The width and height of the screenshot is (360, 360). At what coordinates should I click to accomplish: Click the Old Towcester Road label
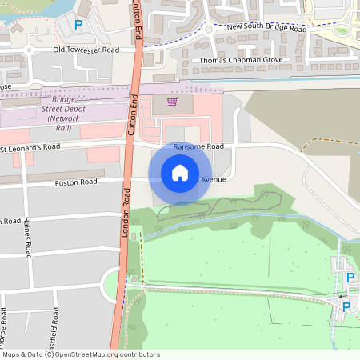pyautogui.click(x=86, y=50)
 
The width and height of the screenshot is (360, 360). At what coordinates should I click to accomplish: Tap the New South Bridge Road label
pyautogui.click(x=266, y=28)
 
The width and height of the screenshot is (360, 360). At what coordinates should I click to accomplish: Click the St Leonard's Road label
pyautogui.click(x=30, y=148)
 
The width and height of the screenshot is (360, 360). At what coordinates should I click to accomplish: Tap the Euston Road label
pyautogui.click(x=75, y=182)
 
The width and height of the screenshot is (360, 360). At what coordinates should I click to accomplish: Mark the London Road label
pyautogui.click(x=126, y=212)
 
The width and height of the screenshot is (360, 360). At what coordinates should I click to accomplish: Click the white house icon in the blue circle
pyautogui.click(x=179, y=173)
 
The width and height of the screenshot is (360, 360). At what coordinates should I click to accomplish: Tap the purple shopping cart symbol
pyautogui.click(x=172, y=102)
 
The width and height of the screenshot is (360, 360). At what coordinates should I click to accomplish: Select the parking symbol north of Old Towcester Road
pyautogui.click(x=78, y=25)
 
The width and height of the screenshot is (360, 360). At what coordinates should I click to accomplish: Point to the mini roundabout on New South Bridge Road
pyautogui.click(x=208, y=30)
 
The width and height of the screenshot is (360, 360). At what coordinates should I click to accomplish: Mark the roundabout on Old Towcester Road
pyautogui.click(x=29, y=50)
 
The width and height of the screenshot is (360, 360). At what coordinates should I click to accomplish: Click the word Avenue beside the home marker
pyautogui.click(x=212, y=178)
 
